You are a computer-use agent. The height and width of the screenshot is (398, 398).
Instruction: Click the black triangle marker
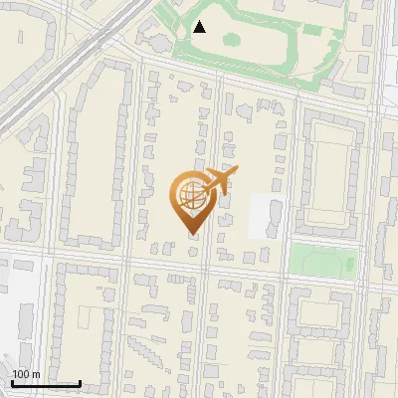tap(200, 27)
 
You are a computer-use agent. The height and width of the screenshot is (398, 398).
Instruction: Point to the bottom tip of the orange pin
tap(191, 235)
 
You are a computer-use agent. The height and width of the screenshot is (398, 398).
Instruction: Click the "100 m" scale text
tap(26, 374)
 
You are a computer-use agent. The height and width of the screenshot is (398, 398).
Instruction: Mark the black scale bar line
tap(46, 383)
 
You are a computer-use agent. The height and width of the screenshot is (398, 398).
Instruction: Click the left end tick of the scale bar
tap(12, 383)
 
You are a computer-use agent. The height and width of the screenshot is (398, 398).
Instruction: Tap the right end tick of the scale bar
tap(80, 383)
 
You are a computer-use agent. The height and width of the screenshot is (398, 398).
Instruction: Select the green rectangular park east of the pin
tap(322, 260)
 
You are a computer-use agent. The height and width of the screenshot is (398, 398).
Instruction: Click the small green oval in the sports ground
tap(231, 40)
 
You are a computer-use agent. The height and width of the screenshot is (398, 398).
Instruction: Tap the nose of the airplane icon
tap(237, 172)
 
